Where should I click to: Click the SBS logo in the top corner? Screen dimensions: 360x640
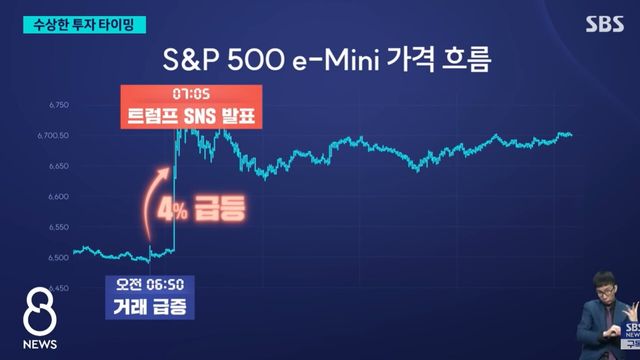(x=602, y=21)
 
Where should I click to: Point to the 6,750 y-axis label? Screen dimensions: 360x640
(x=58, y=104)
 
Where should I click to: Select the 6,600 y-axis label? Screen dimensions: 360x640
(x=58, y=196)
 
